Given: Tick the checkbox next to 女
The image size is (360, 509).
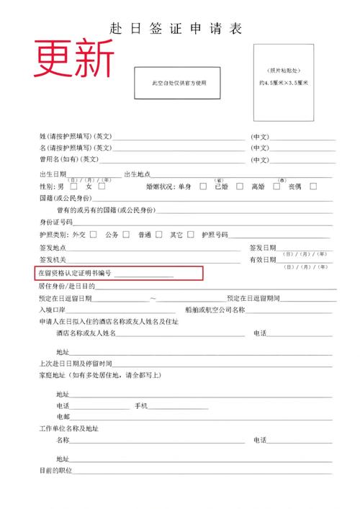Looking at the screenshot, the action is (102, 186).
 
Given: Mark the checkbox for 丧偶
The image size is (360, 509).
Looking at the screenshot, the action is (312, 186).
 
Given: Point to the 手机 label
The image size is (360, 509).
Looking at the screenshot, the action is (141, 406).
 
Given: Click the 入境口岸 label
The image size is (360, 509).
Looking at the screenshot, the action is (53, 310).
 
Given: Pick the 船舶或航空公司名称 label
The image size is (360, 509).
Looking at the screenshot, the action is (215, 310).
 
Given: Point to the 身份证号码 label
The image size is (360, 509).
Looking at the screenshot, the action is (55, 222).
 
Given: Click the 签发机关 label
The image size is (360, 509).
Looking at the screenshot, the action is (53, 259).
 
